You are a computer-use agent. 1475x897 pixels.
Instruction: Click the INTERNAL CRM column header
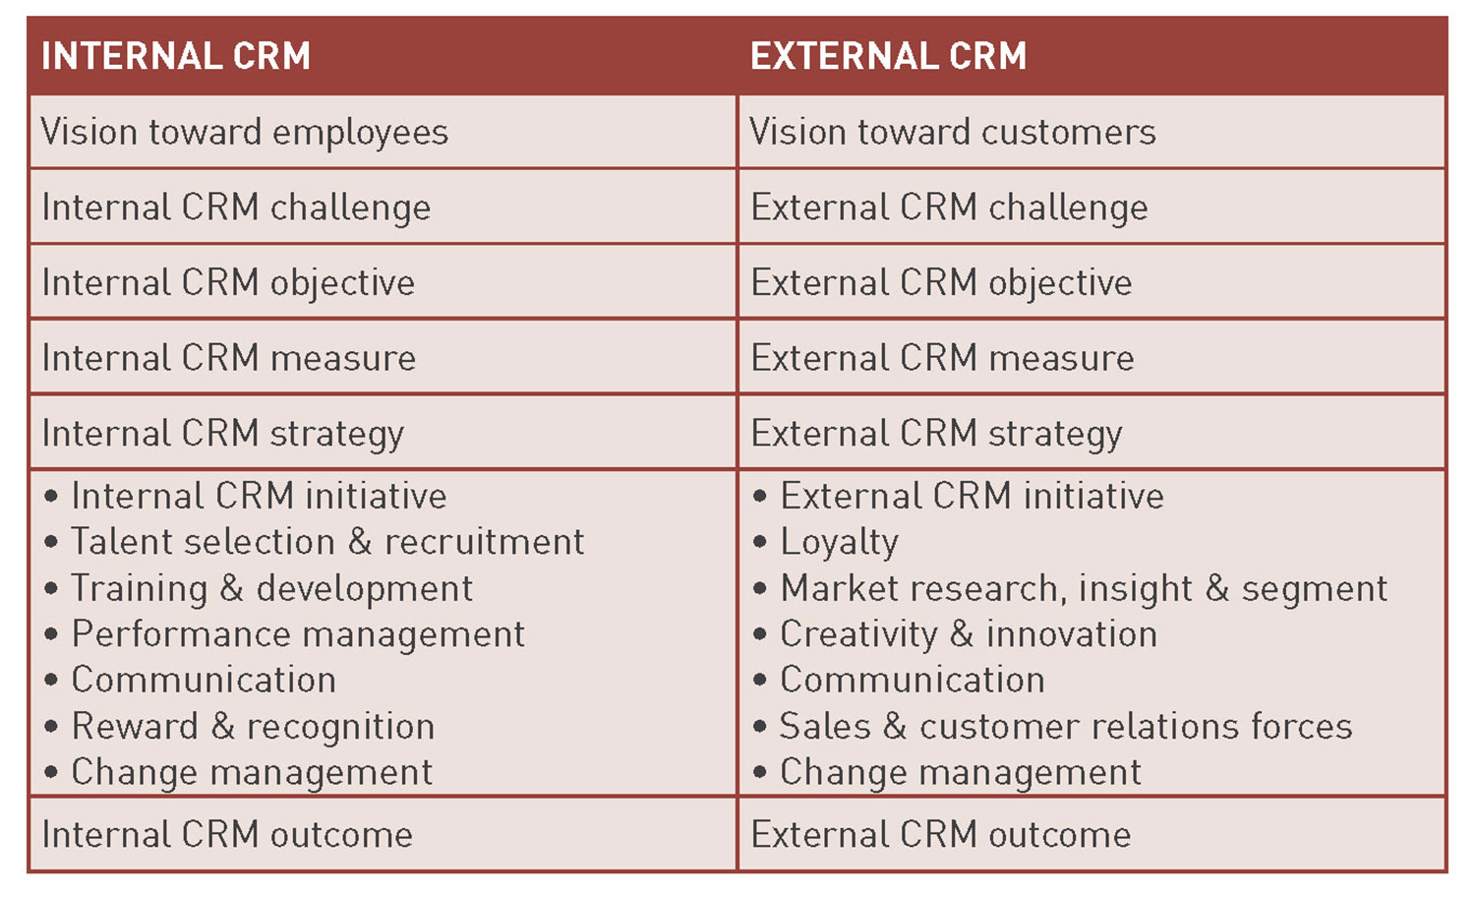click(x=176, y=56)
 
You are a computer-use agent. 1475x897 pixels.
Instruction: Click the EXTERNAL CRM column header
click(x=888, y=56)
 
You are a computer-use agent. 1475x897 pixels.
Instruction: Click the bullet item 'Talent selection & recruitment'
click(x=315, y=542)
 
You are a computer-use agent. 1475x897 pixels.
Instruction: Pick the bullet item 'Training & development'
click(x=259, y=588)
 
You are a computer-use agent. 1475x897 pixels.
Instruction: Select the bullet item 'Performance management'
click(x=285, y=634)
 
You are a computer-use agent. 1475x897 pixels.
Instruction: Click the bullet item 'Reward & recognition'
click(x=240, y=727)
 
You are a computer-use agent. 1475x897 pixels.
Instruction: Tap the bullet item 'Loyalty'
click(x=826, y=543)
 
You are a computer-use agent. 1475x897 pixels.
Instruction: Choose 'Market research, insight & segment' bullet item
click(x=1071, y=589)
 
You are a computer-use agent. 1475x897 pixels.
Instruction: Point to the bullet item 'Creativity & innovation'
click(x=955, y=634)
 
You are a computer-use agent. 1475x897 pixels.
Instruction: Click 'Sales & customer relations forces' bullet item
click(x=1052, y=727)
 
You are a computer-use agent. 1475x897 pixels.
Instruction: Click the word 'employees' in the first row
click(x=360, y=133)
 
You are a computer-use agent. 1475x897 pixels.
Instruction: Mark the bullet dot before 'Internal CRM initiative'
click(x=51, y=496)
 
